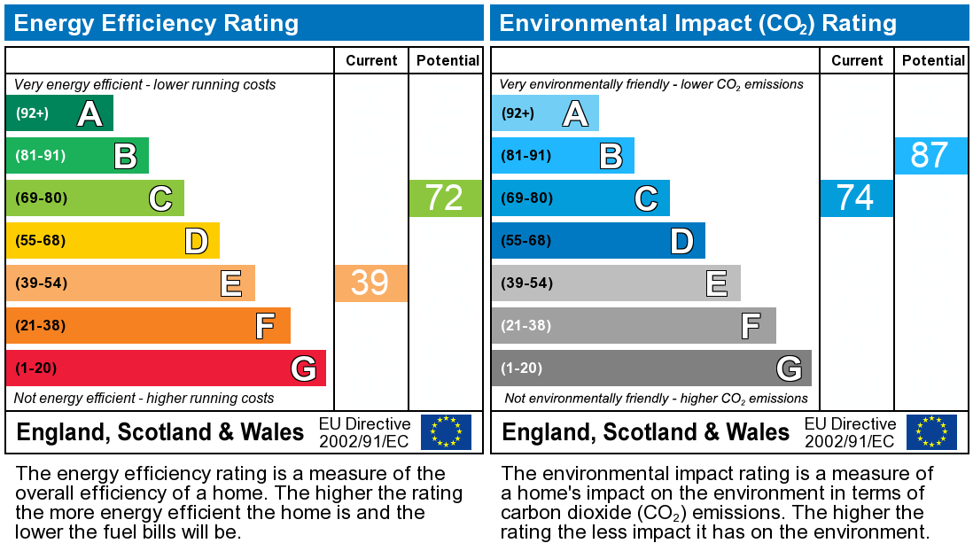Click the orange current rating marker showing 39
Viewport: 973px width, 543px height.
(x=371, y=283)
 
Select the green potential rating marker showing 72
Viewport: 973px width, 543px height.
(x=445, y=198)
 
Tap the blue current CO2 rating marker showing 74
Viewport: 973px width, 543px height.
(x=856, y=198)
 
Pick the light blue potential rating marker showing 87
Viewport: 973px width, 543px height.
(x=930, y=155)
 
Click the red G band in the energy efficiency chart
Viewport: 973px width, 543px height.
(x=166, y=368)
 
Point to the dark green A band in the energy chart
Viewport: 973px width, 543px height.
(x=59, y=113)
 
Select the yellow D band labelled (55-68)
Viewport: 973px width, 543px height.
(x=113, y=240)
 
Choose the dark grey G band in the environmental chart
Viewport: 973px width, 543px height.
(x=651, y=368)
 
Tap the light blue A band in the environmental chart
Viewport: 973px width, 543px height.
(x=545, y=113)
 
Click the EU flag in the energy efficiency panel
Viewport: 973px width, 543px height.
(x=446, y=432)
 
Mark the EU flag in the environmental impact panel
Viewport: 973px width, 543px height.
(x=931, y=432)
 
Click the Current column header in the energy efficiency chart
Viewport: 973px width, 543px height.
(x=371, y=60)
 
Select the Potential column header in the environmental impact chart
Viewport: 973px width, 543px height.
(x=933, y=60)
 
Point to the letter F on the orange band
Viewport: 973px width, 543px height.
(x=266, y=326)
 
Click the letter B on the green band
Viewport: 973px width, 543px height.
(x=125, y=156)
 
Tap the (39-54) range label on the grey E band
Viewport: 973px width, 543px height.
(x=526, y=283)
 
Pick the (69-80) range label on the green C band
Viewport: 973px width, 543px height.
(x=41, y=198)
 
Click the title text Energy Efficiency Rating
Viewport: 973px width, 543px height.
(x=156, y=23)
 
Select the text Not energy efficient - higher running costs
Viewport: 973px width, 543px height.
(x=144, y=398)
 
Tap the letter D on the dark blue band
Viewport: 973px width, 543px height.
(x=682, y=241)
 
